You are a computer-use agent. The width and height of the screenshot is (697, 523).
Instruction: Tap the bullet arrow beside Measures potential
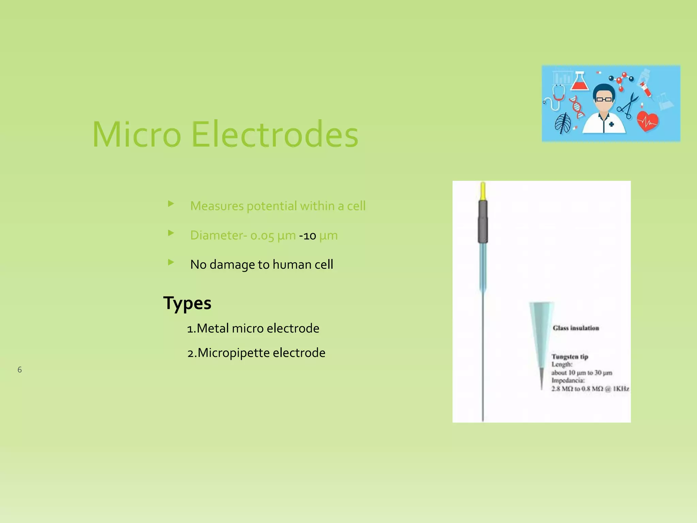click(x=171, y=204)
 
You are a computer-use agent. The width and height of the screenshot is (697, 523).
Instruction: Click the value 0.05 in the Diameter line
click(x=262, y=236)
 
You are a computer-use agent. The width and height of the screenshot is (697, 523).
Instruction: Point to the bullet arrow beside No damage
click(x=171, y=262)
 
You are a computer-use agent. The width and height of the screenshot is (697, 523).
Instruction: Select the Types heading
click(x=187, y=303)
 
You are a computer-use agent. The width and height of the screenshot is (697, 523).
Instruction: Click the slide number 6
click(x=20, y=370)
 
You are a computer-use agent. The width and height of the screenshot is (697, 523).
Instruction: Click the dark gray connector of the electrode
click(x=483, y=221)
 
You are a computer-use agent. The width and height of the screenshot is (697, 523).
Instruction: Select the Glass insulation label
click(x=576, y=328)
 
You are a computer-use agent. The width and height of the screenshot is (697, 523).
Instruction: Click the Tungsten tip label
click(x=570, y=356)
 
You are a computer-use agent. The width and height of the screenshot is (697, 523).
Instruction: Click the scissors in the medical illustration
click(x=628, y=106)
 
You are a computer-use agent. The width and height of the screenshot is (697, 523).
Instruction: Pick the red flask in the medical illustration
click(x=580, y=82)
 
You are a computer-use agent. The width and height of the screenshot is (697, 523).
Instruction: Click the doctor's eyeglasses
click(x=604, y=99)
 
